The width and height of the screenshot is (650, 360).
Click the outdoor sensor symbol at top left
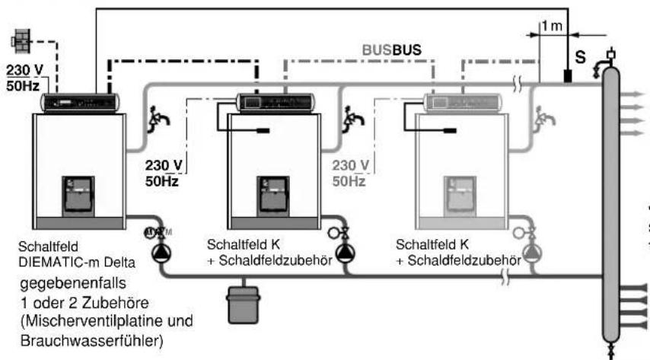[21, 41]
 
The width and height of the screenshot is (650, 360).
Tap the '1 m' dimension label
[553, 26]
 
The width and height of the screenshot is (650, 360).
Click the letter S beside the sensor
[580, 57]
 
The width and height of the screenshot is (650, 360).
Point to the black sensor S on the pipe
[568, 76]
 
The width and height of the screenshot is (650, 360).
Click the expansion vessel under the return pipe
[244, 304]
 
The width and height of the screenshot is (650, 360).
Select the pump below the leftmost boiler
[160, 253]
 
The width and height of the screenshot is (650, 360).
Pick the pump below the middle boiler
[345, 253]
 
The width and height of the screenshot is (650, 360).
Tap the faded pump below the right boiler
[532, 253]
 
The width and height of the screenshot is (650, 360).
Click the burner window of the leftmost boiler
[78, 196]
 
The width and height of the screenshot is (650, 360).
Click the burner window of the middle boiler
[272, 196]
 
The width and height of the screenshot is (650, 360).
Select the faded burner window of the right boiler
[460, 196]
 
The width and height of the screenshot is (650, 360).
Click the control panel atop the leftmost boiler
[80, 103]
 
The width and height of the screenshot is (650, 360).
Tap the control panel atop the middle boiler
[275, 103]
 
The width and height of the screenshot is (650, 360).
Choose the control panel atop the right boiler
[462, 103]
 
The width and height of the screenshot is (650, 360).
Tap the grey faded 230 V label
[350, 165]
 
